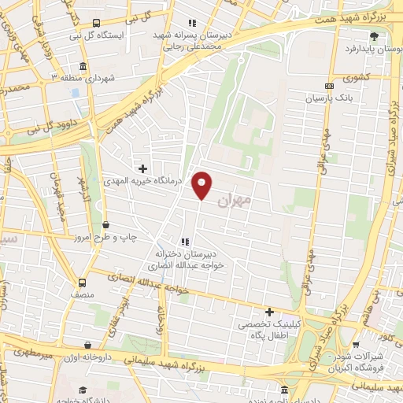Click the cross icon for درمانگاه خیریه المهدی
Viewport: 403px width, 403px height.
(142, 168)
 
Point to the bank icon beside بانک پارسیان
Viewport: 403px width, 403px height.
(328, 87)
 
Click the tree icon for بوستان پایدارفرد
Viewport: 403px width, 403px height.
(374, 36)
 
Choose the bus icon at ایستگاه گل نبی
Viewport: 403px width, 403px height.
(95, 24)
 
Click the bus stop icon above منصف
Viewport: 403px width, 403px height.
(83, 283)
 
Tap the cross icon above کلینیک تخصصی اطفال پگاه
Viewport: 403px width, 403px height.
(269, 312)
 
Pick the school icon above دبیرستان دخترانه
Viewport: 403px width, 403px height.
(184, 242)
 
